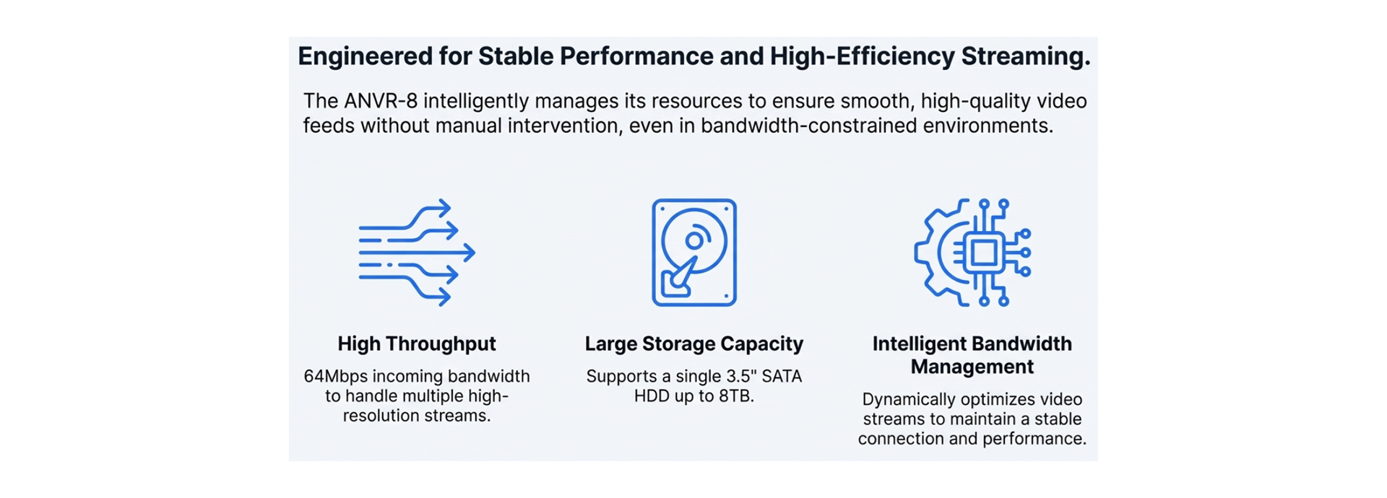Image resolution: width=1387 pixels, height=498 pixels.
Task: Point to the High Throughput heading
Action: pos(417,344)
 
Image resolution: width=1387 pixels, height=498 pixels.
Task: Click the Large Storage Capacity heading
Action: pos(693,344)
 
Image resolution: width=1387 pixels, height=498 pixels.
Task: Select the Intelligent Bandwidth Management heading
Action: pos(972,355)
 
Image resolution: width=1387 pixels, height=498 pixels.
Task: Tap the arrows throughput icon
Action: pos(417,253)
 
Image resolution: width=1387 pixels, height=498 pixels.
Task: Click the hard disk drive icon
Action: pos(693,253)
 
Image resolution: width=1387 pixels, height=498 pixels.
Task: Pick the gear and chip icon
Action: pos(972,253)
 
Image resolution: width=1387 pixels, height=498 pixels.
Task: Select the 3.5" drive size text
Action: pos(740,376)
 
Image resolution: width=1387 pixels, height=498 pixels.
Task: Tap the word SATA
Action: pos(781,376)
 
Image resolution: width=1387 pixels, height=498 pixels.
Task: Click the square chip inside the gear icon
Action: pos(982,253)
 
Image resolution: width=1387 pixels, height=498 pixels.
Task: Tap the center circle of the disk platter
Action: pos(694,240)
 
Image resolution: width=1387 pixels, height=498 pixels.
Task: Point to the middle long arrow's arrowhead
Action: pos(469,253)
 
